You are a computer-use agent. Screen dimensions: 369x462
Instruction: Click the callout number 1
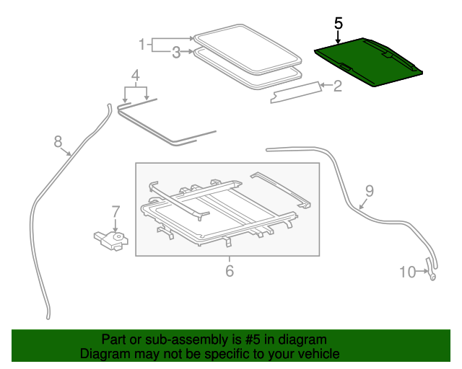click(142, 45)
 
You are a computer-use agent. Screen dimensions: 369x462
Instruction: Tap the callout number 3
click(176, 52)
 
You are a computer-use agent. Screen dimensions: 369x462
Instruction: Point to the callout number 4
click(135, 75)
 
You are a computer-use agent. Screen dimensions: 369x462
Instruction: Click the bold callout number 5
click(339, 23)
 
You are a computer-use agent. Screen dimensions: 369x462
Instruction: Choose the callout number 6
click(230, 271)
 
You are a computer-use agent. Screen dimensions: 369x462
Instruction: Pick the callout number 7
click(115, 212)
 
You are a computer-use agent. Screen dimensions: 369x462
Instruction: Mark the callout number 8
click(58, 142)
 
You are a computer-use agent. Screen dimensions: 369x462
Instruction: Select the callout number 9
click(369, 191)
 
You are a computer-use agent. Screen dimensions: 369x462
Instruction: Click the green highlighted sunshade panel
click(368, 63)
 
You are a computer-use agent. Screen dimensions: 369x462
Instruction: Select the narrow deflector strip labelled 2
click(296, 92)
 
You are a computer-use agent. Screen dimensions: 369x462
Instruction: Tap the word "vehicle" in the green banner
click(316, 354)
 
